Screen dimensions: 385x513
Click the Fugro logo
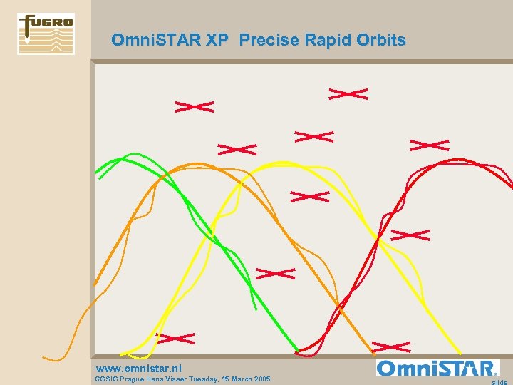[46, 34]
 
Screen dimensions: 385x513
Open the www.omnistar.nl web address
[138, 369]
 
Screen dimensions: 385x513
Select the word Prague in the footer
[137, 379]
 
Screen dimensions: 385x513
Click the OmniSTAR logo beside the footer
[437, 369]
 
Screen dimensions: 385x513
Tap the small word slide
[500, 382]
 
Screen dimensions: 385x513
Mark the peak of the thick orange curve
[196, 165]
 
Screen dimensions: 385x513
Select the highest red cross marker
[348, 93]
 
